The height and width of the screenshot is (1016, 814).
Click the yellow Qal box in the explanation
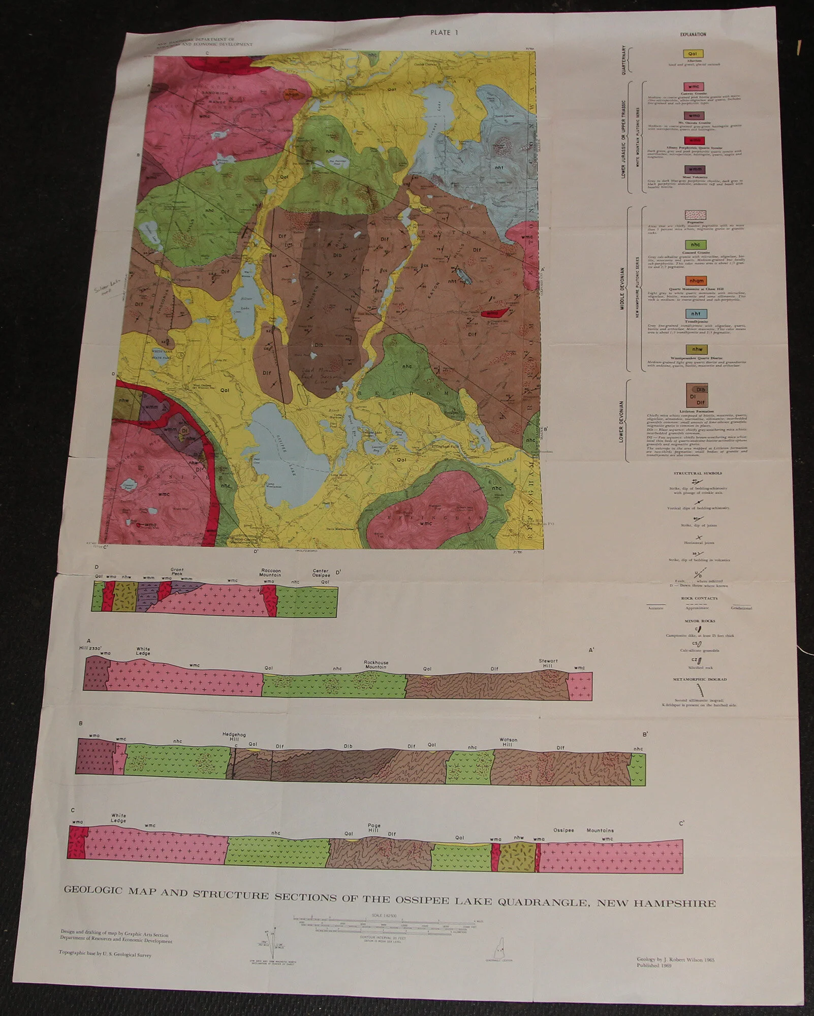point(693,54)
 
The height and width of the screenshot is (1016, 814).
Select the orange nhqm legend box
point(696,281)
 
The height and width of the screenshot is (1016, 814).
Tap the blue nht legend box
point(696,314)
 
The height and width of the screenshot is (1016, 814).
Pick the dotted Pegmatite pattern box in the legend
point(696,215)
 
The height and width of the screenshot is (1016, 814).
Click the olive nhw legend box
point(696,350)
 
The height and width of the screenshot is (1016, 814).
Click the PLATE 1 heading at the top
point(444,33)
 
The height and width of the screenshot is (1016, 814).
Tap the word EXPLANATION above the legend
point(693,35)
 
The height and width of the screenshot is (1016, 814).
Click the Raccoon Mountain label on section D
point(271,573)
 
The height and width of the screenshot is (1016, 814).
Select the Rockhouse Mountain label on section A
point(376,664)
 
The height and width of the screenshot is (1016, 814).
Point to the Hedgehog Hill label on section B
point(231,737)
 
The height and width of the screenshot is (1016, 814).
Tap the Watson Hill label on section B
point(508,742)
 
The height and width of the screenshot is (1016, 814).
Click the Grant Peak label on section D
point(177,572)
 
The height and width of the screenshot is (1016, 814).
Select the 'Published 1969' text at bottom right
point(654,966)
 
